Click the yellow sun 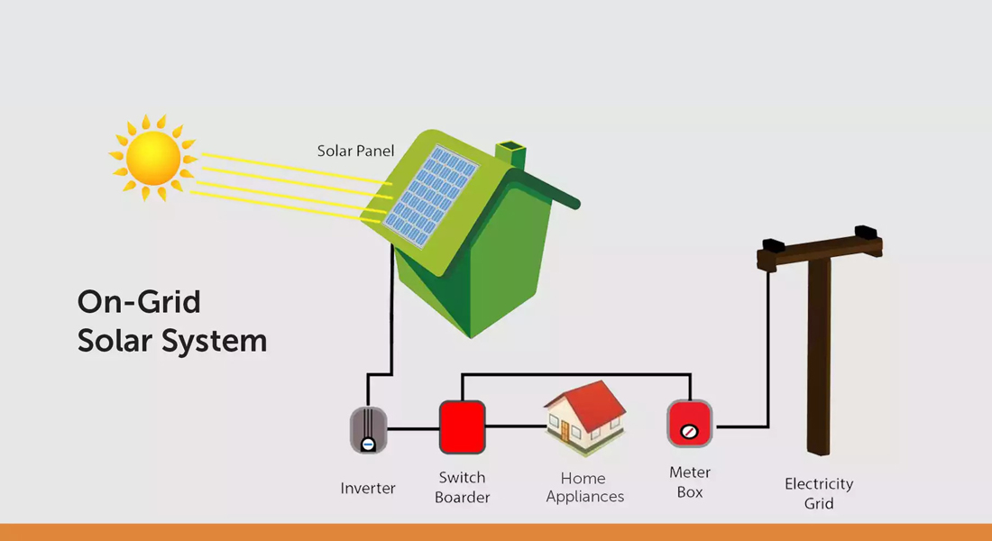click(x=153, y=158)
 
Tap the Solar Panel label click(x=355, y=151)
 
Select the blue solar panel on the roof click(x=431, y=199)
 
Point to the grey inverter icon click(x=368, y=430)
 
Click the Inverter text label click(x=368, y=489)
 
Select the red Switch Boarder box click(x=463, y=427)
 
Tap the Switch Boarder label click(x=463, y=487)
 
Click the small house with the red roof click(x=585, y=418)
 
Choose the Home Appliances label click(x=585, y=488)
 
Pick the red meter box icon click(x=690, y=424)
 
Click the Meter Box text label click(x=690, y=482)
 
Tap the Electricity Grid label click(x=819, y=494)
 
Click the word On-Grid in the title click(x=139, y=302)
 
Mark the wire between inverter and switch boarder click(x=414, y=429)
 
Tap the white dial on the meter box click(x=690, y=432)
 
